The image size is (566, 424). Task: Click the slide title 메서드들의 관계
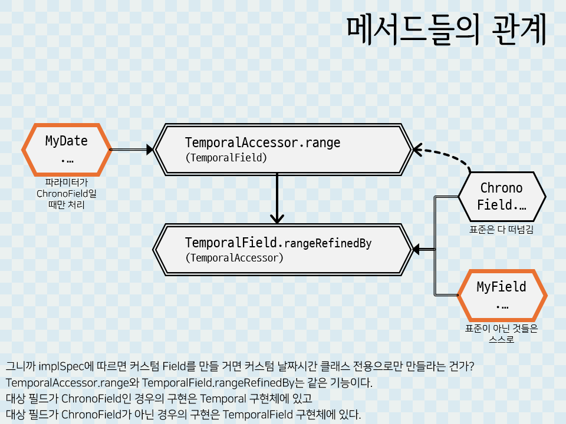(446, 31)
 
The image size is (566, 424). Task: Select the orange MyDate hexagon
(67, 150)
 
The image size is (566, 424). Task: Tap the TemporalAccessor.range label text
(262, 143)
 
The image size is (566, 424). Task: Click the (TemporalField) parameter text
(226, 158)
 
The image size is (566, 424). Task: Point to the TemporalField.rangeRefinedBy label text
(278, 243)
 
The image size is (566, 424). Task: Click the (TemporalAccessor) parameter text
(234, 258)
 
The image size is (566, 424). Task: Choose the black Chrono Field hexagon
(501, 197)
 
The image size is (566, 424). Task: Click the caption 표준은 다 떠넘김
(501, 230)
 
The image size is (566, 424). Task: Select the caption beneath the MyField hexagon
(501, 334)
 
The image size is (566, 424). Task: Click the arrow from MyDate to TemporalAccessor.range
(132, 150)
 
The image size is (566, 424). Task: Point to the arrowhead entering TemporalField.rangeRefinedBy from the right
(417, 250)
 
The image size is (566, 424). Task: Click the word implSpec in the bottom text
(59, 366)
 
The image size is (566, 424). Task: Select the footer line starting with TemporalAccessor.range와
(189, 383)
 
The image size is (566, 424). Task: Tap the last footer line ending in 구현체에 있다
(183, 414)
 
